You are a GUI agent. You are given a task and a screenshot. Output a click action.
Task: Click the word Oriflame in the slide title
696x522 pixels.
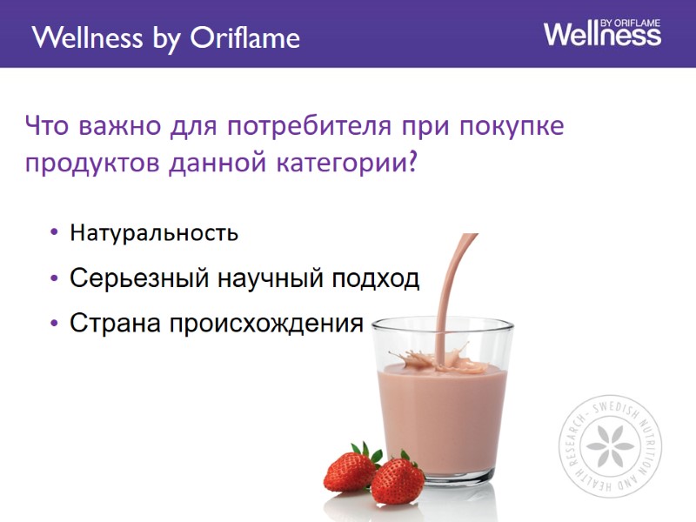point(244,38)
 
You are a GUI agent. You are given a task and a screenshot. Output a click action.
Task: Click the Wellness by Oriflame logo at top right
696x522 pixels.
point(602,32)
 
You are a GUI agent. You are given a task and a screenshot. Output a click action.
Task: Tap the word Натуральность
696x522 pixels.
point(154,233)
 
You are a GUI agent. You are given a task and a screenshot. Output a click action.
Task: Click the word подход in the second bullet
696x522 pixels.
point(378,279)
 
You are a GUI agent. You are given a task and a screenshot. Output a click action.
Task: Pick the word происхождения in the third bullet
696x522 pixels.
point(265,324)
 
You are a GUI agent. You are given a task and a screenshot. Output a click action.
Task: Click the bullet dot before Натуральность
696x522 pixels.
point(55,233)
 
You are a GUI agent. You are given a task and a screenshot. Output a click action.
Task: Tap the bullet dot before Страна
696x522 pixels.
point(55,324)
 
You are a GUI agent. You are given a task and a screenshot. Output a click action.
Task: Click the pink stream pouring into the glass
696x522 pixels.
point(453,287)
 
